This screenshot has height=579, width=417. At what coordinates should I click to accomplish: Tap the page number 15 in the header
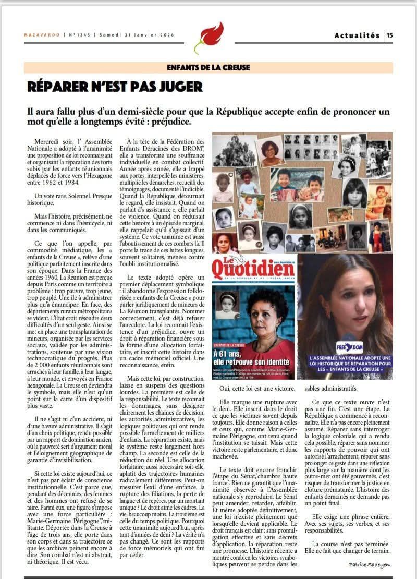[x=389, y=35]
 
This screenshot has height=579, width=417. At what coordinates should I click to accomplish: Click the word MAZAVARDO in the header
[x=42, y=35]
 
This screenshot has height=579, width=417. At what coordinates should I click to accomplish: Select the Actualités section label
[x=357, y=35]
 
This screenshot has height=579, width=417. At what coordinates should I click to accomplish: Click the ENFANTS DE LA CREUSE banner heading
[x=208, y=67]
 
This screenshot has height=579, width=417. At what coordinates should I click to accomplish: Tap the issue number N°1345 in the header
[x=79, y=35]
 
